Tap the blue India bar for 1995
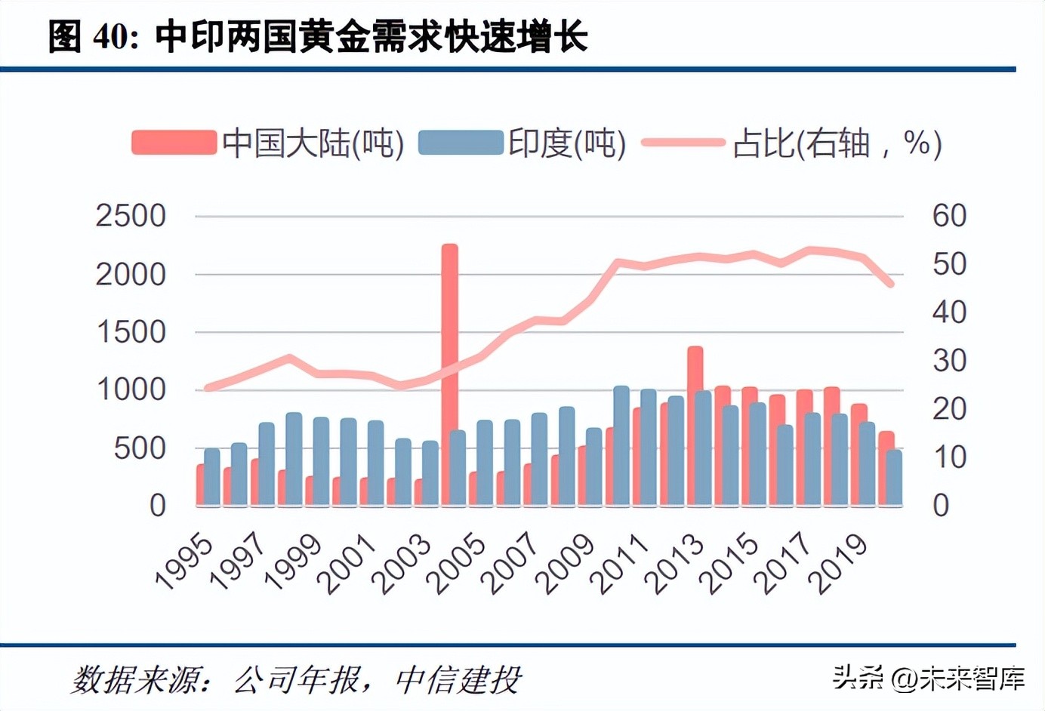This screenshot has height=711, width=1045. click(212, 477)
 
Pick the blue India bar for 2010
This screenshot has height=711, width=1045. click(621, 445)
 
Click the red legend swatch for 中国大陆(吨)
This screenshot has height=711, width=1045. click(174, 143)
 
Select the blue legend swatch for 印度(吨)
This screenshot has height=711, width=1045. click(461, 143)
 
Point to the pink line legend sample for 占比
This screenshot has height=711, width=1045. click(683, 143)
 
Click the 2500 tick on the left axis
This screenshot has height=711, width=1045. click(131, 216)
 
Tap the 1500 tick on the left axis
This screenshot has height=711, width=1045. click(131, 332)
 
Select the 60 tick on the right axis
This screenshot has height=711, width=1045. click(949, 216)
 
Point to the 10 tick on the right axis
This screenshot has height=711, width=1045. click(949, 457)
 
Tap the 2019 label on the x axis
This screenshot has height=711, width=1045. click(839, 564)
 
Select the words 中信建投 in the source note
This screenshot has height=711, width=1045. click(458, 680)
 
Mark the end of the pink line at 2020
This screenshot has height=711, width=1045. click(891, 285)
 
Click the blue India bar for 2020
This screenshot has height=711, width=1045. click(894, 477)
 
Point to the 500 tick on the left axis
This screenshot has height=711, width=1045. click(140, 448)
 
